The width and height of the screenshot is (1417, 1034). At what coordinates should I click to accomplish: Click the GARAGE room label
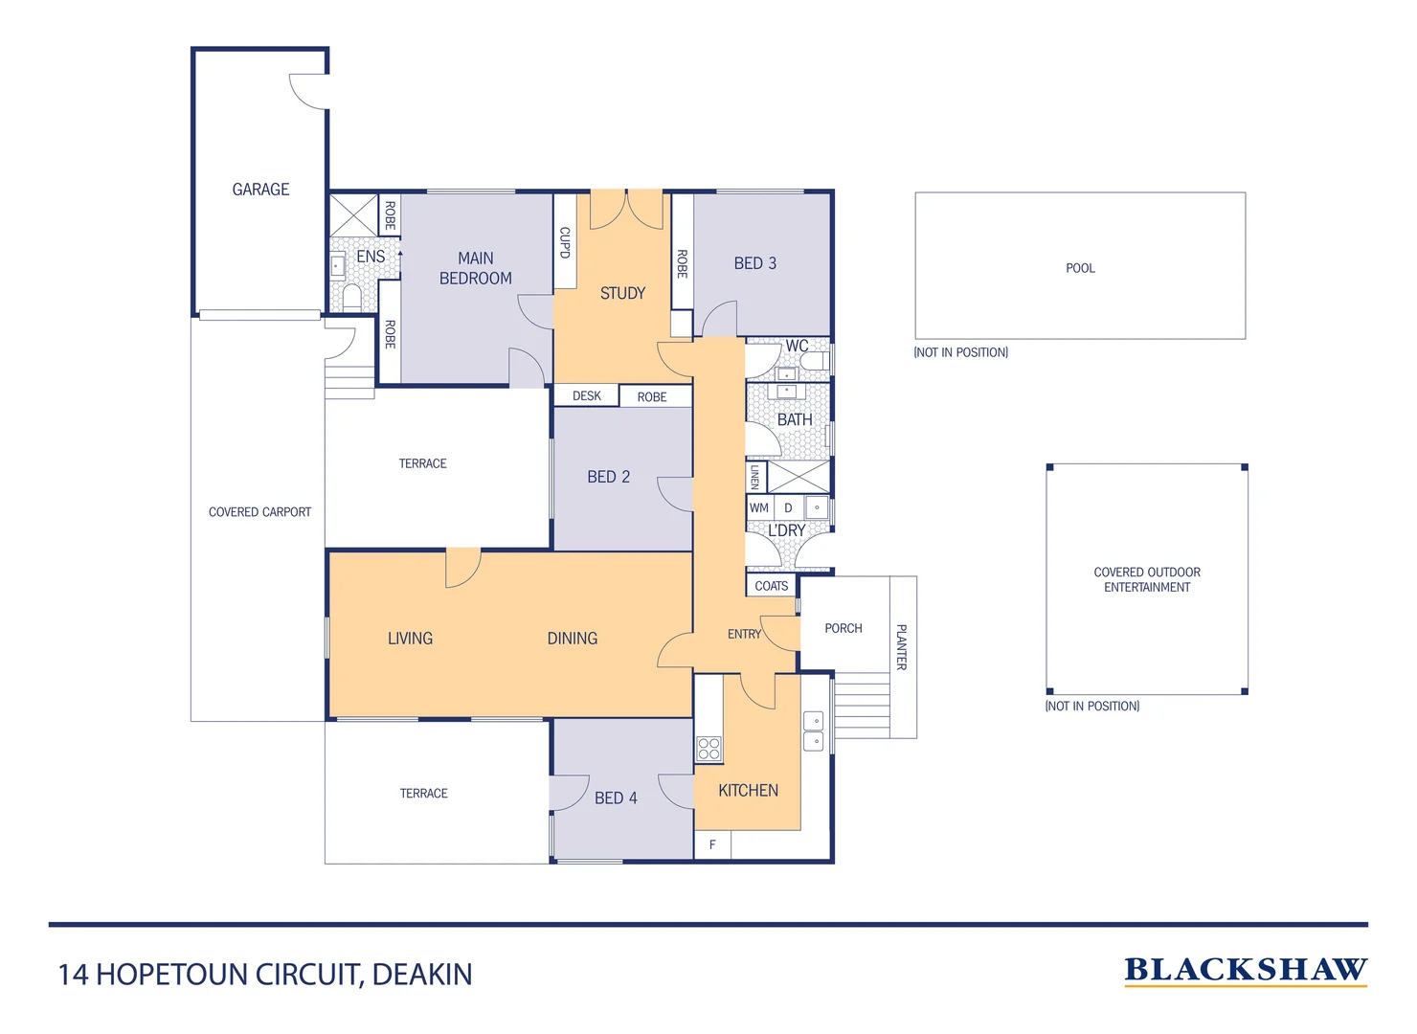point(260,190)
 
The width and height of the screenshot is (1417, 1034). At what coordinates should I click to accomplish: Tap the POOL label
point(1080,268)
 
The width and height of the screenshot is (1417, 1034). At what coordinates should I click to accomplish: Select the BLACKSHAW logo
point(1246,971)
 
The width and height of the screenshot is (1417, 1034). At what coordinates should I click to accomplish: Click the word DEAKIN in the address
point(422,975)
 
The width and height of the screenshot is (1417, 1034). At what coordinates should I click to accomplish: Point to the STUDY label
point(622,293)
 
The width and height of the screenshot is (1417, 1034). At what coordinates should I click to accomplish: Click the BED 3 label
point(754,263)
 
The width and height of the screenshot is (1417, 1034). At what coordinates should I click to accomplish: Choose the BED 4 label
point(616,798)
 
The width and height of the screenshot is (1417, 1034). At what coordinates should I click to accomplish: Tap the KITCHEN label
point(748,790)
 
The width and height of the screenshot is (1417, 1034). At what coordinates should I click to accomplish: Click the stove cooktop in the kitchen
point(708,749)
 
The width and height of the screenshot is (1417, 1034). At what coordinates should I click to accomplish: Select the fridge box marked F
point(712,844)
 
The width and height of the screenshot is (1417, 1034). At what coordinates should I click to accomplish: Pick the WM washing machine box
point(759,507)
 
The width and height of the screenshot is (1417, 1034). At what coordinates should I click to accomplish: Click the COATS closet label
point(772,586)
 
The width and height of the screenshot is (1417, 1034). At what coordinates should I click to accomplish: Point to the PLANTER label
point(901,646)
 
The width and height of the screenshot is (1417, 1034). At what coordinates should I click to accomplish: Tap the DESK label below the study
point(587,395)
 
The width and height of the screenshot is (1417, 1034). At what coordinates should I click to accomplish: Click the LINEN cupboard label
point(755,477)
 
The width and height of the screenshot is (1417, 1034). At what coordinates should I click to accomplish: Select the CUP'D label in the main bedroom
point(565,242)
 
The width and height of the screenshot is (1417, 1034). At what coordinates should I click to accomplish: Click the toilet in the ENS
point(351,297)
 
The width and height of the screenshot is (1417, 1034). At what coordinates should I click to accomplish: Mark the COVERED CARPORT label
point(259,512)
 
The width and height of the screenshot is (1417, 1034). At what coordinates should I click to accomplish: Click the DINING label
point(573,639)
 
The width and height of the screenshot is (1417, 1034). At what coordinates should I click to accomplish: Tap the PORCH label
point(843,628)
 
